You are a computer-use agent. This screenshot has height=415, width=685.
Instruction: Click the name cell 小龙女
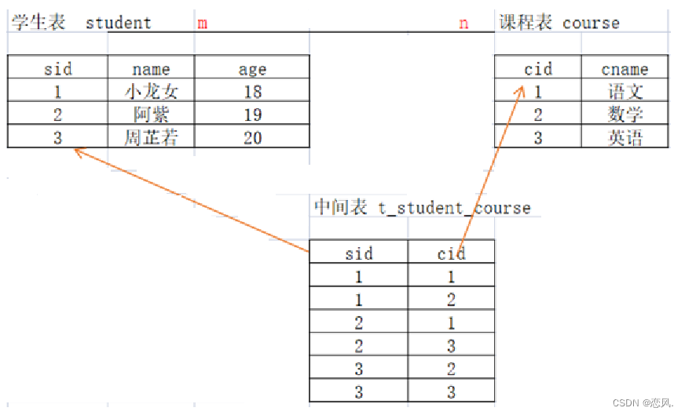[x=152, y=92]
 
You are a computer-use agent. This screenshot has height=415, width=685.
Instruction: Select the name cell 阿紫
[x=152, y=115]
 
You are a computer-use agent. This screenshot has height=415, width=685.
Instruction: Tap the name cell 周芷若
[x=152, y=138]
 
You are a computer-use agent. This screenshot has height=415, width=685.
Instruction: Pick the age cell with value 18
[x=252, y=92]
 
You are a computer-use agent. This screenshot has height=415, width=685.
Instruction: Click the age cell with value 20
[x=252, y=138]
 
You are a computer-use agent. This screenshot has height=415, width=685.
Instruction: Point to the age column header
[x=252, y=69]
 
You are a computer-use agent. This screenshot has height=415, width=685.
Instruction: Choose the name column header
[x=152, y=69]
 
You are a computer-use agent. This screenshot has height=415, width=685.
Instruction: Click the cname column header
[x=625, y=69]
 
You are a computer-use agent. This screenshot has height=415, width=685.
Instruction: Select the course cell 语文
[x=625, y=92]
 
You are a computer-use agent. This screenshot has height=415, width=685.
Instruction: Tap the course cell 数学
[x=625, y=115]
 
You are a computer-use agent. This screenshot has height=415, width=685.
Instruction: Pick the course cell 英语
[x=625, y=138]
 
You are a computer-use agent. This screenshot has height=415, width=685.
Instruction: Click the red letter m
[x=203, y=23]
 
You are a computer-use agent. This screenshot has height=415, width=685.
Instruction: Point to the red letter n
[x=463, y=23]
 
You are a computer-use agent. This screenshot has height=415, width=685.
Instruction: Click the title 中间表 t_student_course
[x=423, y=207]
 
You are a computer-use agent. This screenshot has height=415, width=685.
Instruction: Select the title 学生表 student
[x=80, y=22]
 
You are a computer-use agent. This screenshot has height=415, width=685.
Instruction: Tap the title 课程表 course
[x=559, y=22]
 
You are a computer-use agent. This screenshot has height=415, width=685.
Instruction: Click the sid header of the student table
[x=58, y=69]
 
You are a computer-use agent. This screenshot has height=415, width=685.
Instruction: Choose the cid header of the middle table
[x=452, y=253]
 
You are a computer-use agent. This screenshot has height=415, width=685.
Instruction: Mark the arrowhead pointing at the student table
[x=77, y=151]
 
